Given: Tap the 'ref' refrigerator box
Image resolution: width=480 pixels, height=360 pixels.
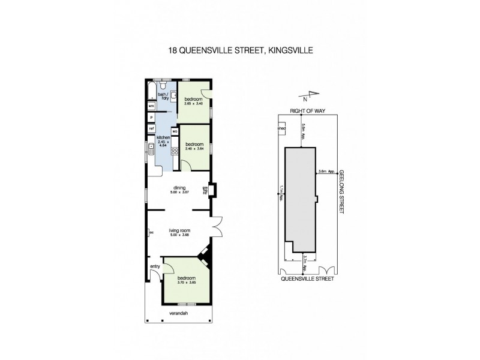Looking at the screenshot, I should pyautogui.click(x=151, y=128).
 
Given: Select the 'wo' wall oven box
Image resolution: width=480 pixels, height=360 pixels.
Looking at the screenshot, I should pyautogui.click(x=175, y=131).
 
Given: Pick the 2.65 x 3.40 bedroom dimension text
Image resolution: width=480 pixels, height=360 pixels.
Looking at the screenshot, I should pyautogui.click(x=194, y=103).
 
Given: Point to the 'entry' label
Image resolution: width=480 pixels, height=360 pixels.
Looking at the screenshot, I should pyautogui.click(x=154, y=268).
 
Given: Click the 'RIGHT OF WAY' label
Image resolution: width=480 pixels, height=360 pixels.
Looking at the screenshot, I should pyautogui.click(x=306, y=111).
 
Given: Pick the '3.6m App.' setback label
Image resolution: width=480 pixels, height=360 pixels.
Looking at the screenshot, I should pyautogui.click(x=327, y=171).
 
